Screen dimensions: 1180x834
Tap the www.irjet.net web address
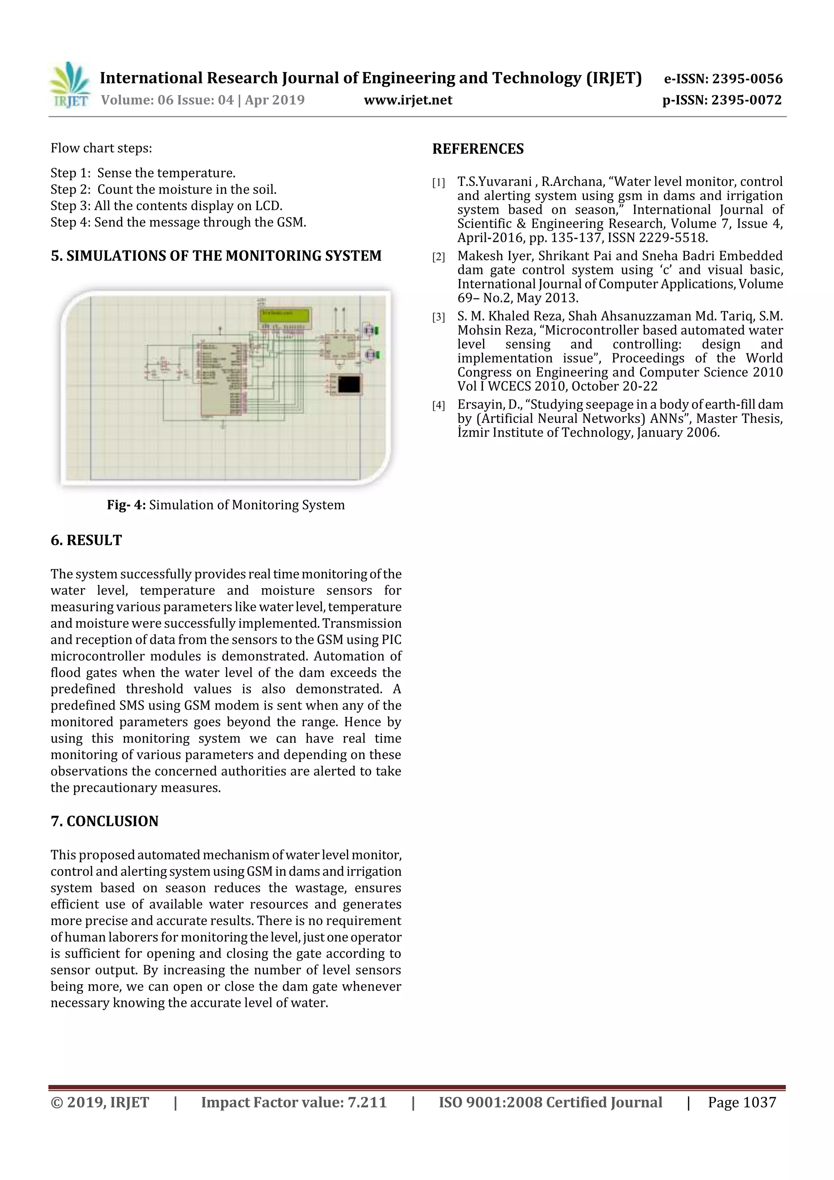click(408, 100)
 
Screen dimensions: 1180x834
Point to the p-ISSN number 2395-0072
click(746, 100)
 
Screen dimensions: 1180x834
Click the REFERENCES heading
click(478, 149)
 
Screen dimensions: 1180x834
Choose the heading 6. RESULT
click(86, 540)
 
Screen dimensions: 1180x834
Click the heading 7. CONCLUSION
click(104, 821)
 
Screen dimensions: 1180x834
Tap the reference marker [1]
click(438, 183)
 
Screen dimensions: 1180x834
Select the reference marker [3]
click(438, 318)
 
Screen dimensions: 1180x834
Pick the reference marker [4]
click(438, 406)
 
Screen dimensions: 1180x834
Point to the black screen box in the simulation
click(349, 384)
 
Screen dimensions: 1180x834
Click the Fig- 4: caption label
click(126, 505)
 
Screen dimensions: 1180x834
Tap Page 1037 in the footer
click(742, 1102)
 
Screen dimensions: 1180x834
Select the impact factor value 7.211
click(367, 1102)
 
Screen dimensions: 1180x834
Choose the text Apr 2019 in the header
click(274, 100)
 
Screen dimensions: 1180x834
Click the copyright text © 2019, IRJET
click(100, 1102)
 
